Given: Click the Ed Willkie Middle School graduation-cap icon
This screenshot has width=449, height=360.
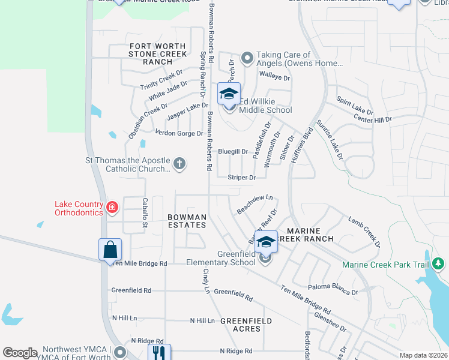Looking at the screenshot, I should pyautogui.click(x=229, y=94).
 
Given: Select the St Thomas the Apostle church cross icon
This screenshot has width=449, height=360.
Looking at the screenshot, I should pyautogui.click(x=179, y=163).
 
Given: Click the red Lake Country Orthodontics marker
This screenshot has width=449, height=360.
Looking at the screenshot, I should pyautogui.click(x=112, y=208).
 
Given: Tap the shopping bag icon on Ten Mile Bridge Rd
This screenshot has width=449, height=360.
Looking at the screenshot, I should pyautogui.click(x=110, y=249).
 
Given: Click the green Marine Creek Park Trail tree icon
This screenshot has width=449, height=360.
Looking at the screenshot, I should pyautogui.click(x=438, y=263).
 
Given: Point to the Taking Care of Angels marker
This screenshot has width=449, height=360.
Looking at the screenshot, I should pyautogui.click(x=247, y=58).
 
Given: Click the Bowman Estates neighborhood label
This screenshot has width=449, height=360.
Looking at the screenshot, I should pyautogui.click(x=187, y=221).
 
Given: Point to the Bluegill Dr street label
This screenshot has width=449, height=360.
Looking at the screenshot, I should pyautogui.click(x=233, y=152).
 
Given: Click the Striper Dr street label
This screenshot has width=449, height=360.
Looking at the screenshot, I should pyautogui.click(x=242, y=178).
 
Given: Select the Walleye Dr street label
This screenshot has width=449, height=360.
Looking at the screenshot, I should pyautogui.click(x=274, y=78).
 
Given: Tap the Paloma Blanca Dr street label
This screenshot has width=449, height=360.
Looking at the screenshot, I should pyautogui.click(x=333, y=289).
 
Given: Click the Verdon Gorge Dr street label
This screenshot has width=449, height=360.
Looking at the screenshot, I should pyautogui.click(x=179, y=133).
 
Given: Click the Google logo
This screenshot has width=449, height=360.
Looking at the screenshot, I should pyautogui.click(x=20, y=353).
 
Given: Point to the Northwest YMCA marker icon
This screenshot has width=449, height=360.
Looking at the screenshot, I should pyautogui.click(x=120, y=352).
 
